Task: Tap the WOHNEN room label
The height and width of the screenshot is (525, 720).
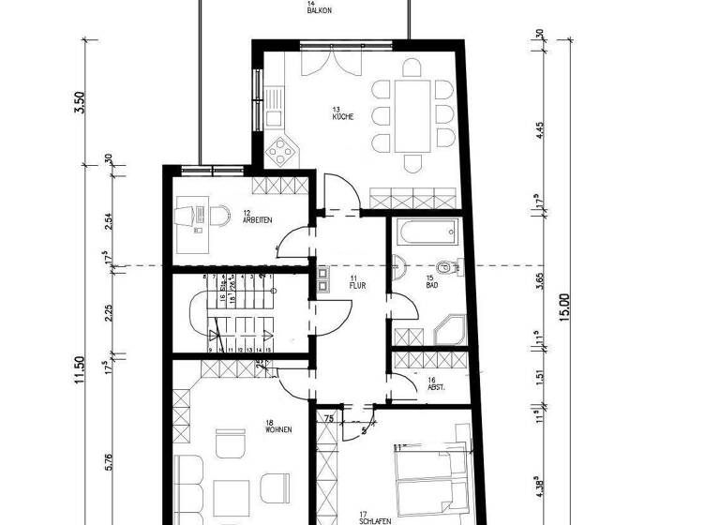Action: coord(278,429)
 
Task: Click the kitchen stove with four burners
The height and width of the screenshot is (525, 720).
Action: coord(282,151)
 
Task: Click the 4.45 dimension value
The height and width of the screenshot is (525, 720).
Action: coord(541,132)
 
